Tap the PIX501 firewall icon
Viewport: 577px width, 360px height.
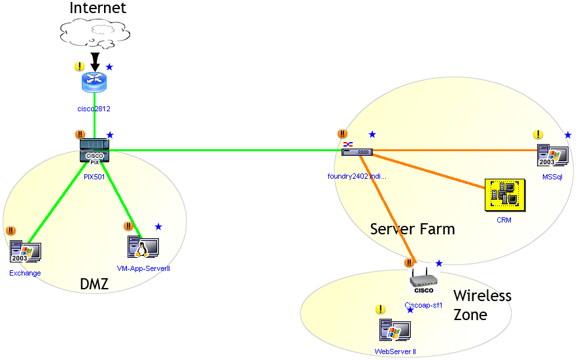point(94,151)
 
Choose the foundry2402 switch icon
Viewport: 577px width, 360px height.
point(357,151)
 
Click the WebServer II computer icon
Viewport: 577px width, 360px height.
point(394,331)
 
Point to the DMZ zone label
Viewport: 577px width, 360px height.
point(94,284)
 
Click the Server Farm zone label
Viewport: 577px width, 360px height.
point(412,229)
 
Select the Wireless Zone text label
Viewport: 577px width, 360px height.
point(481,305)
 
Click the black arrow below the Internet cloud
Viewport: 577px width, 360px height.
point(96,63)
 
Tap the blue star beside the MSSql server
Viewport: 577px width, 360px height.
point(568,135)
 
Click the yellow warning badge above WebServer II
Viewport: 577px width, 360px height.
point(380,310)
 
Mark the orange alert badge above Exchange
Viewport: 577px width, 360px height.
point(10,230)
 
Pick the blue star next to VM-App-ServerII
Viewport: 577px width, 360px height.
point(158,226)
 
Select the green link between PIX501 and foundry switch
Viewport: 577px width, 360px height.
point(222,151)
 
